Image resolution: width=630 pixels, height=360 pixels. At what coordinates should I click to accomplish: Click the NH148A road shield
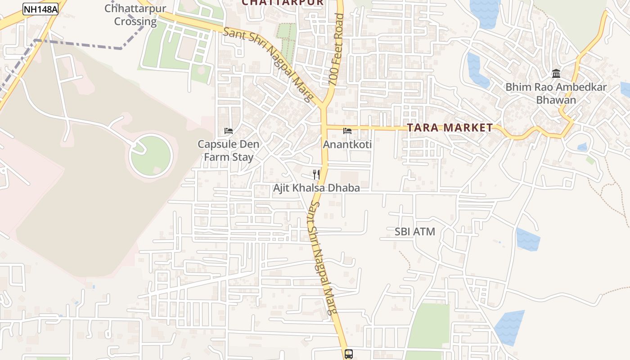(40, 9)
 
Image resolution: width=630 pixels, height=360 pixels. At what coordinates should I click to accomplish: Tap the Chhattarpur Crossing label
(135, 15)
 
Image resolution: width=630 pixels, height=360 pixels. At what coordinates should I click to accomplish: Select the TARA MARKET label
(450, 128)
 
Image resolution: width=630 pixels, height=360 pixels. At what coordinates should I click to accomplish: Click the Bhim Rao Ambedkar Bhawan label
(556, 94)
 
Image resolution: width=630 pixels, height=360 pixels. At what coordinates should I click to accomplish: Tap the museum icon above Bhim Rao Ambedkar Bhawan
(556, 73)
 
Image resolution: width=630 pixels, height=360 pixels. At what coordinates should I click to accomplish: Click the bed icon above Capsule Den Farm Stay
(229, 131)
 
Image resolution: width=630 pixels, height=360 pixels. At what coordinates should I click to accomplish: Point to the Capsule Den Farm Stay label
(229, 151)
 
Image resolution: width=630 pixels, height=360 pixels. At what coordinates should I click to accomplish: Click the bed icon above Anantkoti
(347, 131)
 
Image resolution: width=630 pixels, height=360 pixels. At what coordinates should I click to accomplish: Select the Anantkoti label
(347, 144)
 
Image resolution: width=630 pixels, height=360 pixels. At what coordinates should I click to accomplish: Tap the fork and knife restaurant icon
(317, 174)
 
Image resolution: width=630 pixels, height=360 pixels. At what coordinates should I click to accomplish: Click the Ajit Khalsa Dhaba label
(316, 188)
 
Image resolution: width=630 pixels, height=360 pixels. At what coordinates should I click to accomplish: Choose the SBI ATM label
(414, 232)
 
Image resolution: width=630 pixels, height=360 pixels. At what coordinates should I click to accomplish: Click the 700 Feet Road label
(336, 49)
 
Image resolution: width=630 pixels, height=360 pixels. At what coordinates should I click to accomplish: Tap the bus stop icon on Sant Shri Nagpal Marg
(348, 354)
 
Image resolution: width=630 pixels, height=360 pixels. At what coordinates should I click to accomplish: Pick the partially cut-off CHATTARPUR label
(283, 3)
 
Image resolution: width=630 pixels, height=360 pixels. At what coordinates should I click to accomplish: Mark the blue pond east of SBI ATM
(528, 239)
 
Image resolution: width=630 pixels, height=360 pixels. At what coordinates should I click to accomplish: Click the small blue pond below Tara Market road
(582, 147)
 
